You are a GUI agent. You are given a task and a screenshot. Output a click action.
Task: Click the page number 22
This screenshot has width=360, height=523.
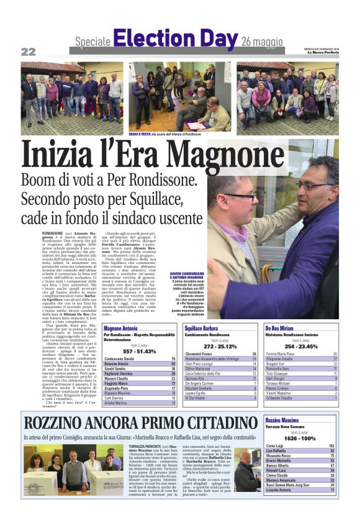click(29, 52)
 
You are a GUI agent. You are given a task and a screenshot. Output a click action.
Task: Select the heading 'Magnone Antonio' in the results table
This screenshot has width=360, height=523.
click(122, 327)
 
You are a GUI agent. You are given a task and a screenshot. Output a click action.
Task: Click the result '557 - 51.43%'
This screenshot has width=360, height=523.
click(139, 351)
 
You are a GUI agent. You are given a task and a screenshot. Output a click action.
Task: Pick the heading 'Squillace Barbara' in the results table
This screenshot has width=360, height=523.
click(201, 327)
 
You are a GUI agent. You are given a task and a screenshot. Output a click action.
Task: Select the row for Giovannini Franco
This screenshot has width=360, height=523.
click(220, 353)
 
